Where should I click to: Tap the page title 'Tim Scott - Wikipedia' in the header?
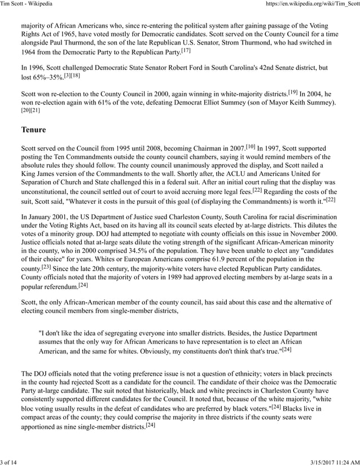(27, 5)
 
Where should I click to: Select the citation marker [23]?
(46, 268)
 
